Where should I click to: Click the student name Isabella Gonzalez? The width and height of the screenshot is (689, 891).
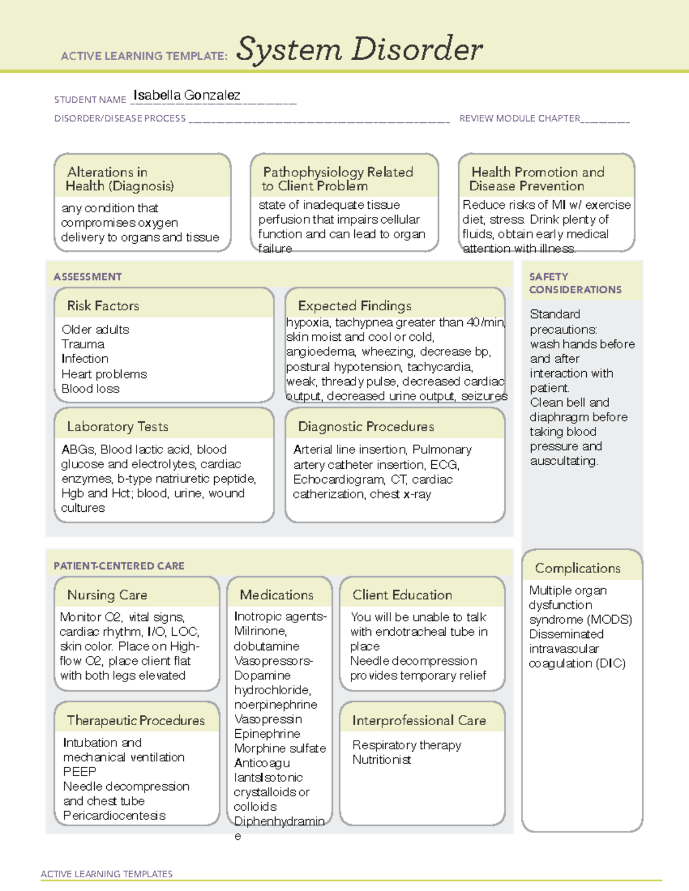coord(187,95)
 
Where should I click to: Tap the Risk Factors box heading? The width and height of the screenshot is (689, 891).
coord(103,306)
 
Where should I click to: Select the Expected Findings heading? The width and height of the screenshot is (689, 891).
coord(354,306)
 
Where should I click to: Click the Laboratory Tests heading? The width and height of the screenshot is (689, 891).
coord(117,426)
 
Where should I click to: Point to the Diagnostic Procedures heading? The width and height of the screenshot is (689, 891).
coord(366,426)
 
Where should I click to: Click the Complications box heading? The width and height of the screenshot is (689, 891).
coord(577,568)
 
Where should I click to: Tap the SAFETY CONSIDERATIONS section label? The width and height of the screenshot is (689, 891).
coord(575,283)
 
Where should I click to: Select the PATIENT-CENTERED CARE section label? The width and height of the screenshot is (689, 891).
coord(119,566)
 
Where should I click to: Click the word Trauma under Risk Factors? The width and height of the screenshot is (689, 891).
coord(83,344)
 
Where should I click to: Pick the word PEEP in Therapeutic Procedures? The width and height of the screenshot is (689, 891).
coord(79,772)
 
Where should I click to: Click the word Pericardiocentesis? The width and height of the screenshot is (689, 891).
coord(114,815)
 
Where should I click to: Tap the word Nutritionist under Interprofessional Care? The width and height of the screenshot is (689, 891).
coord(381,760)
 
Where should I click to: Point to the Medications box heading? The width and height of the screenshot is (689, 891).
coord(276,595)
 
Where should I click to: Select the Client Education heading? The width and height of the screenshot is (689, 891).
coord(402,595)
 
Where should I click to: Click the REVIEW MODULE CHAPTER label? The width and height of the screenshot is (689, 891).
coord(519,118)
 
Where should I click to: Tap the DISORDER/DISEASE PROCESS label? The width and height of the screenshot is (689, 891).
coord(120,118)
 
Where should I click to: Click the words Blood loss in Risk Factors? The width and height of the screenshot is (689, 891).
coord(90,388)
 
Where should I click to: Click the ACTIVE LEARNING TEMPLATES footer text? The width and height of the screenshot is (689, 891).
coord(106,874)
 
